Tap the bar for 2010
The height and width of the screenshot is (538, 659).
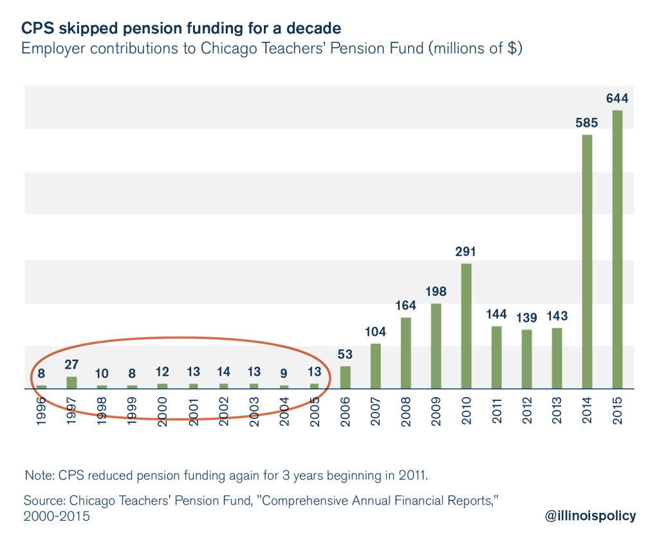(x=467, y=326)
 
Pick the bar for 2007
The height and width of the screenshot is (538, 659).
(x=376, y=366)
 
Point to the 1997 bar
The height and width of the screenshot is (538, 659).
(x=71, y=383)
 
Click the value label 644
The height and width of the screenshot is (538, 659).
(x=617, y=99)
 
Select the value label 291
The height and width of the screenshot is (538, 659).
(x=467, y=252)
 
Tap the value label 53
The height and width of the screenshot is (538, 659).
(x=346, y=355)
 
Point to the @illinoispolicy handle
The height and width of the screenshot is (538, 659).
(x=589, y=515)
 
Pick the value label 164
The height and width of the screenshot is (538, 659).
(x=406, y=306)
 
